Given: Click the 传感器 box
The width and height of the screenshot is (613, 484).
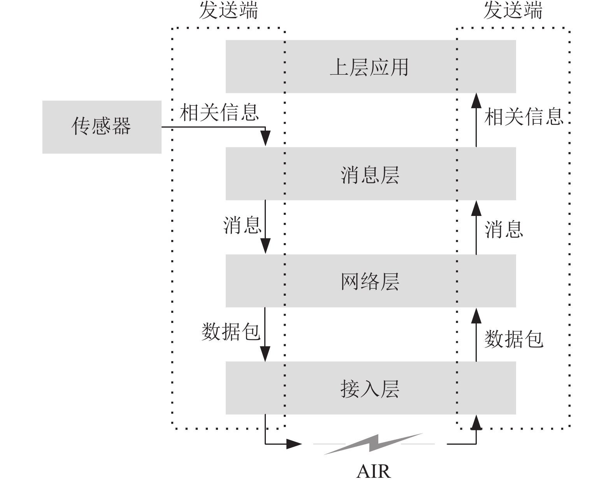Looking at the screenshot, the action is [102, 127].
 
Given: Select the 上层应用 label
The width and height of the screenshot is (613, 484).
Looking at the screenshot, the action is [369, 67].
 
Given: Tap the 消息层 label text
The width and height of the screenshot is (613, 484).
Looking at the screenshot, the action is [370, 175].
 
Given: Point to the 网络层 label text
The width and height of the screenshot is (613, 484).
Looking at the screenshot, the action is [370, 282].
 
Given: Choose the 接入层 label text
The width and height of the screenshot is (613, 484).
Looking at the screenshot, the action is [370, 389].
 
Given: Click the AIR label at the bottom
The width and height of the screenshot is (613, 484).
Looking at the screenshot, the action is [373, 472].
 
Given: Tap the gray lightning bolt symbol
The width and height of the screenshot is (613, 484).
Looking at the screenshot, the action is [373, 444].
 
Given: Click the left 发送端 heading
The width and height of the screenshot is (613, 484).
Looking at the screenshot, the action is [228, 10].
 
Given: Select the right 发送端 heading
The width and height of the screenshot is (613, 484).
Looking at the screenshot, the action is [513, 10].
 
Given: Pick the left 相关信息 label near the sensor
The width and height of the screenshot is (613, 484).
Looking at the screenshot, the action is [219, 112].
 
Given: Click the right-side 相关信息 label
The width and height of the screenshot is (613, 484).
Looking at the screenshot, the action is [524, 116].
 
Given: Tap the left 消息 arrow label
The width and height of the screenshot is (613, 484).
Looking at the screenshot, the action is [242, 225].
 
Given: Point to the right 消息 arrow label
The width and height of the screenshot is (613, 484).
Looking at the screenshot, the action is [504, 229].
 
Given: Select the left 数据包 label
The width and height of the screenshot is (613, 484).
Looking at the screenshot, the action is [231, 332].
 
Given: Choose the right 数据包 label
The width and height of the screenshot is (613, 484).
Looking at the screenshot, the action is [514, 339].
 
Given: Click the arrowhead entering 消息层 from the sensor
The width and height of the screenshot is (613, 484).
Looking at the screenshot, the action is [265, 139].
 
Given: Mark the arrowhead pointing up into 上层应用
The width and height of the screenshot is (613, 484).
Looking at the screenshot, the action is [476, 100].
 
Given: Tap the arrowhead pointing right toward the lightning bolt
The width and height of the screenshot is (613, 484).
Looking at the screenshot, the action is [294, 444].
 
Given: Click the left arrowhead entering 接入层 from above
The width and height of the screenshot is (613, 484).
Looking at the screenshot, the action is [265, 354].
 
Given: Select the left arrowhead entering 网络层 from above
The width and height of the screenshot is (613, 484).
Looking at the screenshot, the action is [265, 246].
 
